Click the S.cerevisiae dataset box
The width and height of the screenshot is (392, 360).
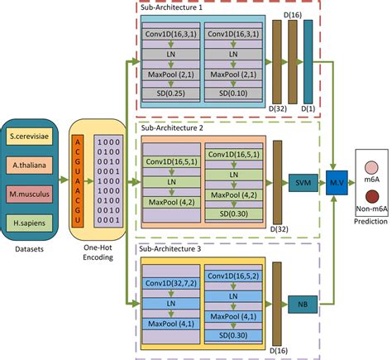(x=34, y=136)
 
